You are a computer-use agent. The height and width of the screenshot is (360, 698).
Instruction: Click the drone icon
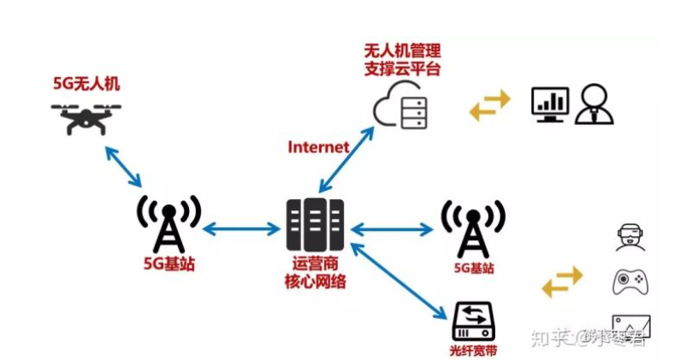point(86,117)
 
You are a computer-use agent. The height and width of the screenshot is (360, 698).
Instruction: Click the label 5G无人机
point(86,86)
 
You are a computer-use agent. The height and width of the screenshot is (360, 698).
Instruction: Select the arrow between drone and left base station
point(122,166)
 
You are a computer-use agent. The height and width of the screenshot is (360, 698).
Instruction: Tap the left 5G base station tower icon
point(169,223)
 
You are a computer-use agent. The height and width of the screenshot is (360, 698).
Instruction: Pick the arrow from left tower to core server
point(241,228)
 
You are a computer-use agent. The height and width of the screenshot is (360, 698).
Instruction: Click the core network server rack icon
point(315,225)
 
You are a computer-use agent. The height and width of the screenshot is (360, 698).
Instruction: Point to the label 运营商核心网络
point(315,273)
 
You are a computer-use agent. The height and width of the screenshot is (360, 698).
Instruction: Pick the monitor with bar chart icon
point(550,104)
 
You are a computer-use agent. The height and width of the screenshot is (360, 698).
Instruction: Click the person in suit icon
point(595,104)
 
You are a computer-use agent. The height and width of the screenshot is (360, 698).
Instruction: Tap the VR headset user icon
point(630,237)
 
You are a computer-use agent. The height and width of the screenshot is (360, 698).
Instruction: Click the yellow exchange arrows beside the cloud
point(489,104)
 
